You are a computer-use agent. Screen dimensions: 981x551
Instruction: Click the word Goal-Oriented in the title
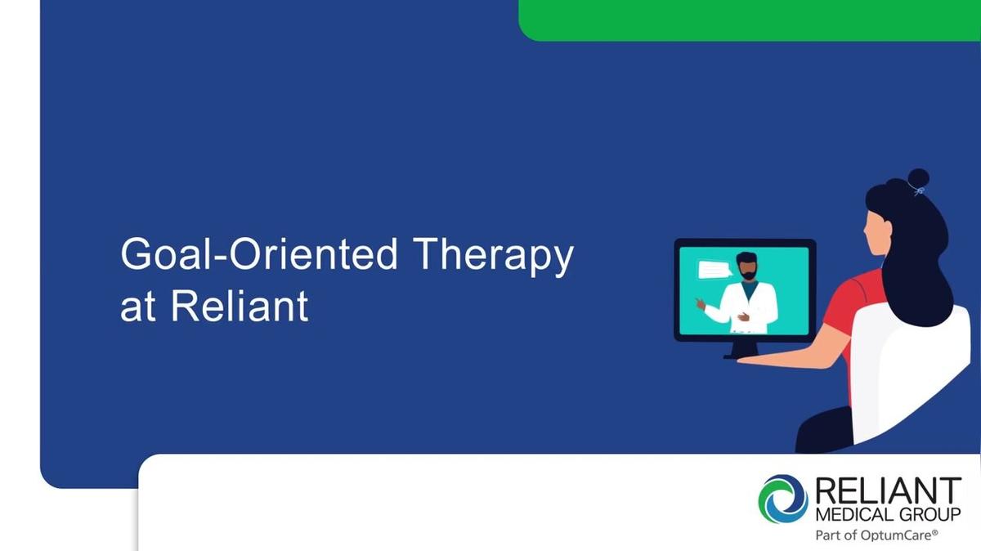coord(259,254)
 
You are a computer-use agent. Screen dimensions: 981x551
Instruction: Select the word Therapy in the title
coord(493,257)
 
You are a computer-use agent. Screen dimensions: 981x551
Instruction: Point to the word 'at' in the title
coord(138,308)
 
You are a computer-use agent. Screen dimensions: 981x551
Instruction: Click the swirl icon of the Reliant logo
coord(783,499)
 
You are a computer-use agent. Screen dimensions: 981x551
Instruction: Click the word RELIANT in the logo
coord(888,491)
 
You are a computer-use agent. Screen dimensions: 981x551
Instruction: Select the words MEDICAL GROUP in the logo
coord(888,514)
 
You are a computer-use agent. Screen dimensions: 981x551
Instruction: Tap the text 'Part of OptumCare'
coord(876,535)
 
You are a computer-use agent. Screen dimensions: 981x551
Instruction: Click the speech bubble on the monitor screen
coord(714,269)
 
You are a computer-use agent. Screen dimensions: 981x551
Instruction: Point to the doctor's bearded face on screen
coord(747,267)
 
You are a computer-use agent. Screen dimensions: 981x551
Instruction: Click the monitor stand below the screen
coord(744,351)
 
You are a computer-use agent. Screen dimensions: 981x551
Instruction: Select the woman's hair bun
coord(918,179)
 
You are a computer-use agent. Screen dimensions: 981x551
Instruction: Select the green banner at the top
coord(750,20)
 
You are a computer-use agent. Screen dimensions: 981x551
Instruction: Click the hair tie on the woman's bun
coord(919,191)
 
